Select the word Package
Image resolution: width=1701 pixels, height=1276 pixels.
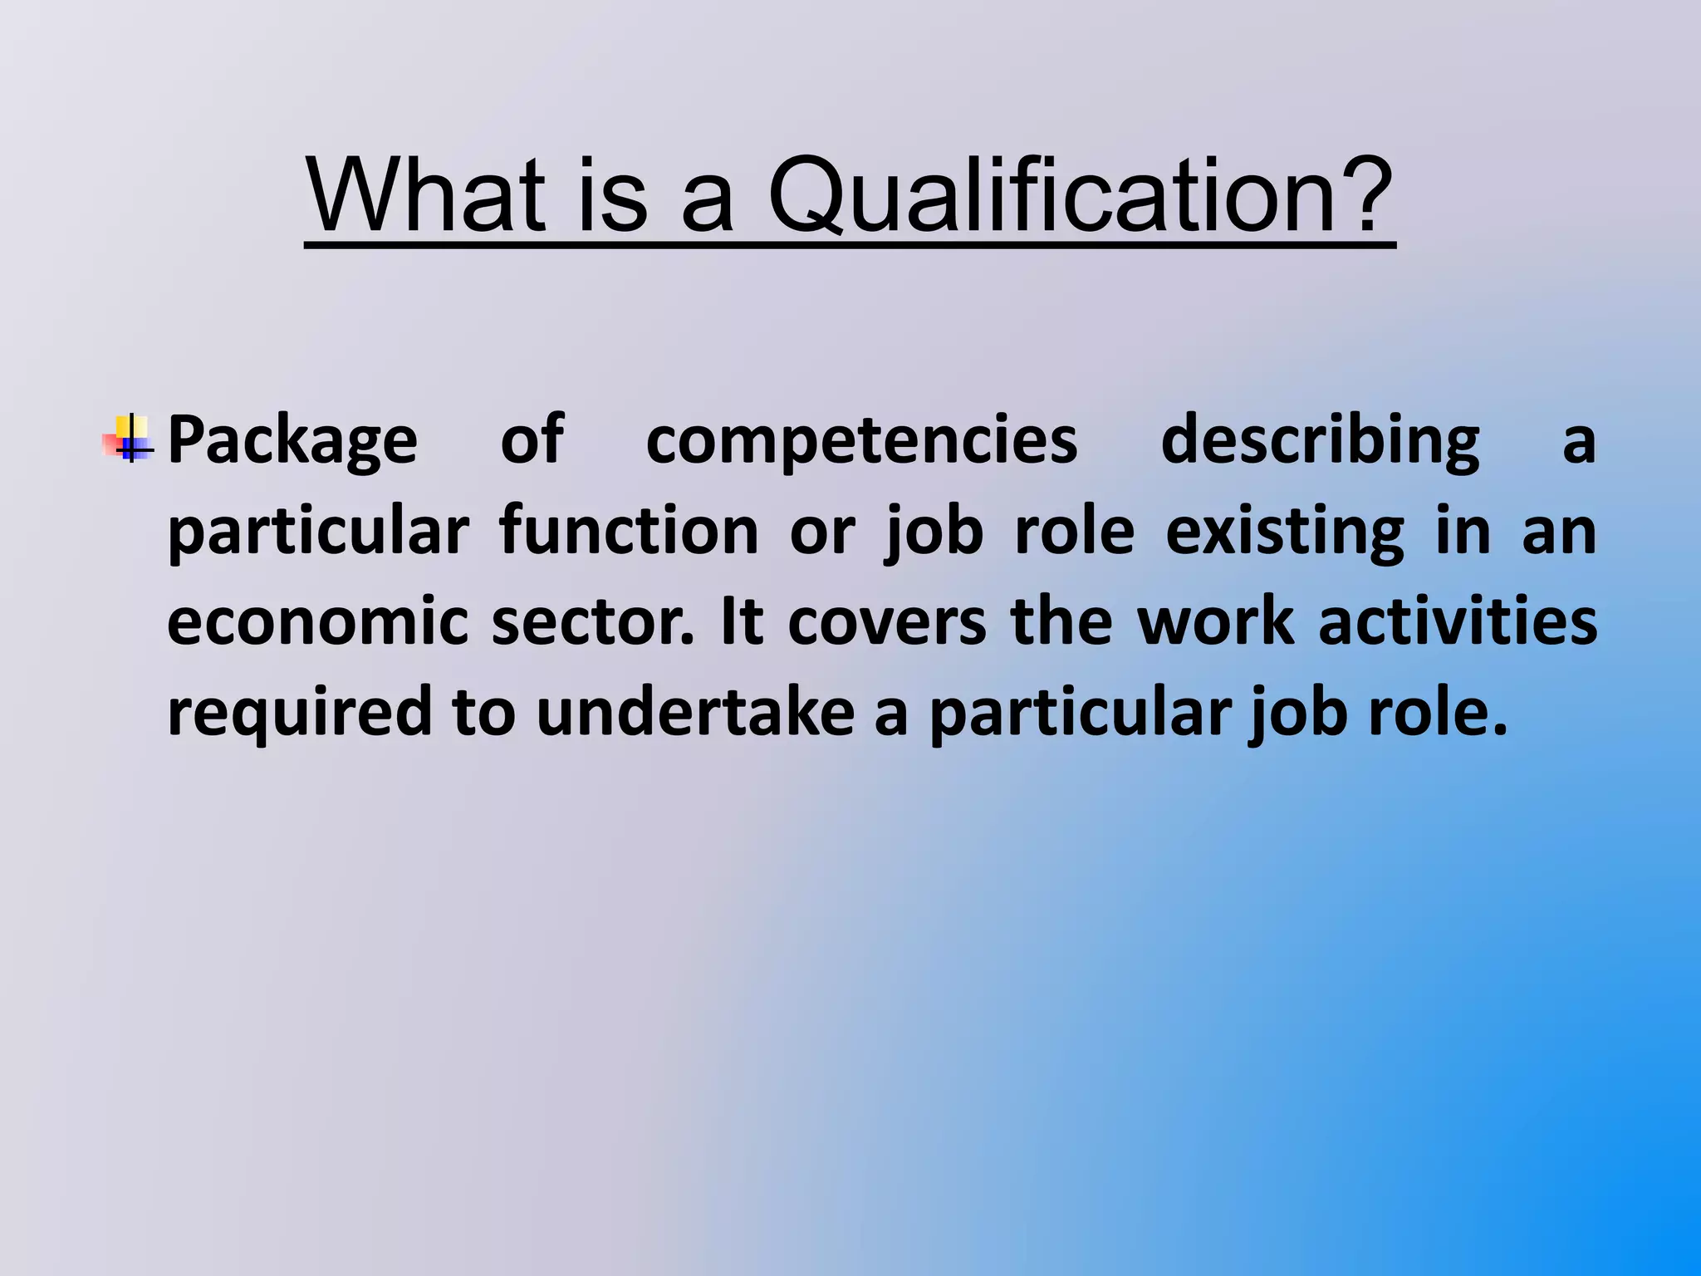(x=292, y=440)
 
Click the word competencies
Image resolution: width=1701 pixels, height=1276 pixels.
(x=861, y=440)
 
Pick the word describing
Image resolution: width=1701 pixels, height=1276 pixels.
(x=1320, y=440)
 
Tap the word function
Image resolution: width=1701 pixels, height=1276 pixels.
(x=629, y=532)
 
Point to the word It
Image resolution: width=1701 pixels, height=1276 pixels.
(x=742, y=623)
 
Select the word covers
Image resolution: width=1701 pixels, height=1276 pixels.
(x=886, y=623)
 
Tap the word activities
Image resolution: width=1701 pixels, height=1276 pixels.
(x=1458, y=623)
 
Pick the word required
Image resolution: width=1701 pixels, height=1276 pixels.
(x=300, y=713)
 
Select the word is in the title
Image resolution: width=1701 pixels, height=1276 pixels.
(x=611, y=197)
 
